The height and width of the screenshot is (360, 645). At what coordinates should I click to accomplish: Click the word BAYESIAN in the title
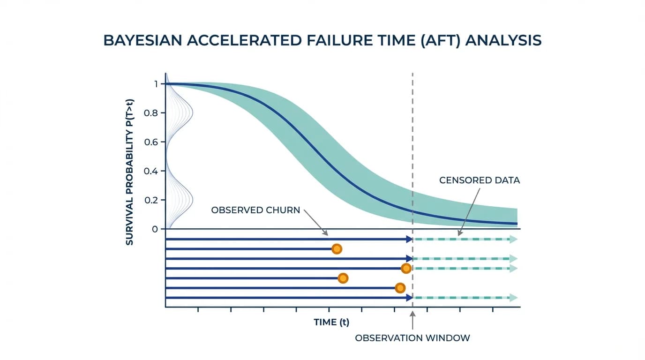(142, 40)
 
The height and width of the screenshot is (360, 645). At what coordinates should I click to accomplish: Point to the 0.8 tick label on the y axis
(151, 113)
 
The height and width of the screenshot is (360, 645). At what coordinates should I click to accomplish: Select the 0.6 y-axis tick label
(151, 142)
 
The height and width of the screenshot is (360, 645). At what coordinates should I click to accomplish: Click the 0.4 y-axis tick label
(151, 172)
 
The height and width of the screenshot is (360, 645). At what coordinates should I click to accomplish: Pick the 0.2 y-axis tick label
(151, 200)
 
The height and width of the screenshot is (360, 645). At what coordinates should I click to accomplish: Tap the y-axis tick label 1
(156, 84)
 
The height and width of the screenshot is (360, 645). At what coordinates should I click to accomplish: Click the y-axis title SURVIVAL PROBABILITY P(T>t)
(129, 172)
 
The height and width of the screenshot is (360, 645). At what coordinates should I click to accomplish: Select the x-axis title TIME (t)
(331, 322)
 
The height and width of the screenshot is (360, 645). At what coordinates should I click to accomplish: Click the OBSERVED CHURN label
(255, 210)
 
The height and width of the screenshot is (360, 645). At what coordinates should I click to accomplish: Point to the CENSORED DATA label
(480, 180)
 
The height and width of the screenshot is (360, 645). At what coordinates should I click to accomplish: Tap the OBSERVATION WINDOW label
(412, 338)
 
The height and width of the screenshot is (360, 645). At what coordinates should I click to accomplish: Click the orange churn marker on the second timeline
(337, 249)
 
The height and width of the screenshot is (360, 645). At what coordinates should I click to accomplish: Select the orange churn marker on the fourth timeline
(406, 269)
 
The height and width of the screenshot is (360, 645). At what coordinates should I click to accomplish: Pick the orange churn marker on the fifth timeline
(343, 278)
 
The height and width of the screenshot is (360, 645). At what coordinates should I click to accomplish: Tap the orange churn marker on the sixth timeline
(400, 288)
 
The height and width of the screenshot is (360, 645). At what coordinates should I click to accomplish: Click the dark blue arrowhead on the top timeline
(409, 239)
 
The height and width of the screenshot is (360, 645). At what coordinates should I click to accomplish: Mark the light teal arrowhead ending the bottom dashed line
(513, 298)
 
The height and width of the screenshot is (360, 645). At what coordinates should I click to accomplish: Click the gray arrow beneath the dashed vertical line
(412, 320)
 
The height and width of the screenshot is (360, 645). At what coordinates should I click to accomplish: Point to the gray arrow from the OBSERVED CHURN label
(316, 223)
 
